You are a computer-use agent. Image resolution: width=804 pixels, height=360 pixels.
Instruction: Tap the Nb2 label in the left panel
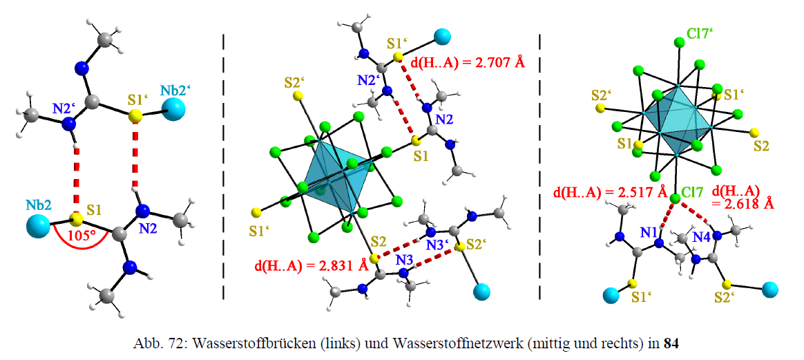pos(39,205)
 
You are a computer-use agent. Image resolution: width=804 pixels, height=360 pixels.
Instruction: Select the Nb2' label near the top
pos(174,92)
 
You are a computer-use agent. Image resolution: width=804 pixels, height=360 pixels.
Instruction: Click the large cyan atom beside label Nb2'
pos(175,108)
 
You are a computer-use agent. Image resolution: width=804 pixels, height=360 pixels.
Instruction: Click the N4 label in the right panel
pos(703,238)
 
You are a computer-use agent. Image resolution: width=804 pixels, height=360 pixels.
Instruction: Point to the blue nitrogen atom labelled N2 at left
pos(142,211)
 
